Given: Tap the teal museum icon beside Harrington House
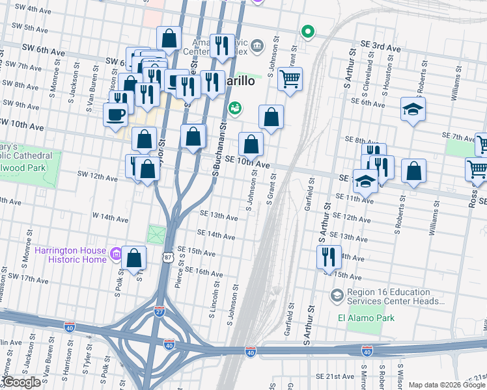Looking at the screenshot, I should click(x=116, y=253).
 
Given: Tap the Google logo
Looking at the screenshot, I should click(x=20, y=383).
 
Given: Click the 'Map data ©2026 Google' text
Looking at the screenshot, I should click(x=446, y=384).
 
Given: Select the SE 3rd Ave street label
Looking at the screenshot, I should click(x=380, y=48).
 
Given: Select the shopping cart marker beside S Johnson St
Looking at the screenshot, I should click(x=290, y=79).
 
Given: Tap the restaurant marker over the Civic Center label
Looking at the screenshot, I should click(x=222, y=45).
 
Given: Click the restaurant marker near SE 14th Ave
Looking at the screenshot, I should click(x=329, y=255).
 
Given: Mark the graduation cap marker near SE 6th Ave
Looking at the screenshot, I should click(x=413, y=109).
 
